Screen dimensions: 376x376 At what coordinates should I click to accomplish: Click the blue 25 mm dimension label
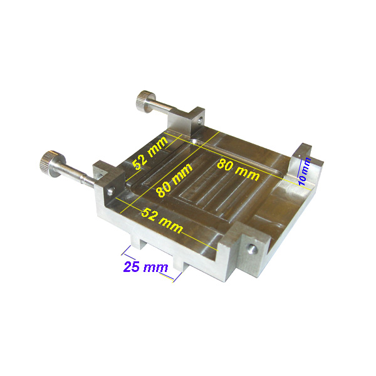(x=145, y=267)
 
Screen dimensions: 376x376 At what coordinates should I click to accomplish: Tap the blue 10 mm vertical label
(x=305, y=170)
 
